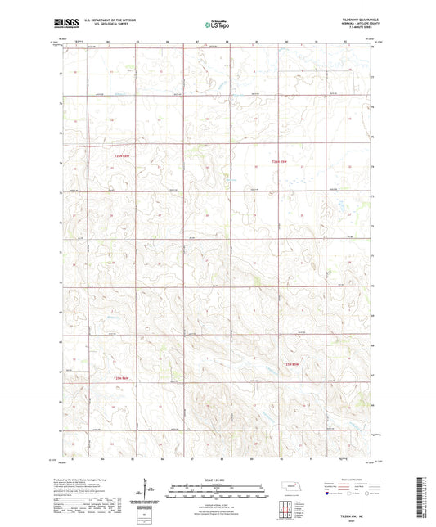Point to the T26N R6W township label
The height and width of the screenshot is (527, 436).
[x=122, y=156]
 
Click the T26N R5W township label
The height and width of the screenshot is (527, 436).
[x=280, y=161]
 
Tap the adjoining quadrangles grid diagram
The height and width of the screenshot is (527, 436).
[x=287, y=509]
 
